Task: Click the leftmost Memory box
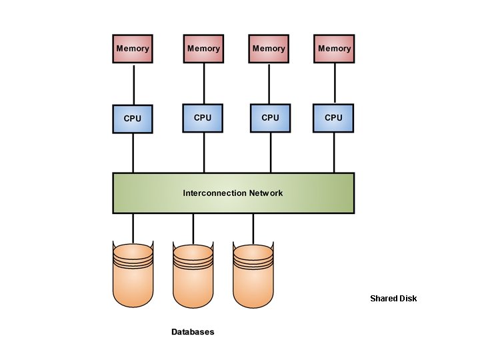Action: [x=133, y=49]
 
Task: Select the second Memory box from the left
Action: [x=203, y=49]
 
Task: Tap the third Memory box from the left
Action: [x=269, y=49]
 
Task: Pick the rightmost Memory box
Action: [x=334, y=49]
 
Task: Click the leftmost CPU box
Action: [x=133, y=119]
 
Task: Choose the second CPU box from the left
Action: [x=203, y=118]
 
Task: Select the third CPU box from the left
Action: [x=270, y=118]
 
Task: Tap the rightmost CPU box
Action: [x=333, y=118]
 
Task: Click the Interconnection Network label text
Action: [x=233, y=193]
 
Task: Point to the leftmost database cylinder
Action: [x=133, y=277]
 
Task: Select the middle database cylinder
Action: [x=193, y=277]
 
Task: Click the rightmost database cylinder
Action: [x=253, y=277]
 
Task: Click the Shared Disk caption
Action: [x=393, y=299]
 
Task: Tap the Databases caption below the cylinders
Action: [x=193, y=332]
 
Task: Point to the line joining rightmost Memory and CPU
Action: [x=334, y=83]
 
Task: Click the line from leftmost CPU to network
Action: [x=133, y=153]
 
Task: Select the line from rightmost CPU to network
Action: [x=333, y=153]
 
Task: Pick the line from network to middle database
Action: [x=193, y=228]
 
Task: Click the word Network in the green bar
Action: [x=266, y=193]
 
